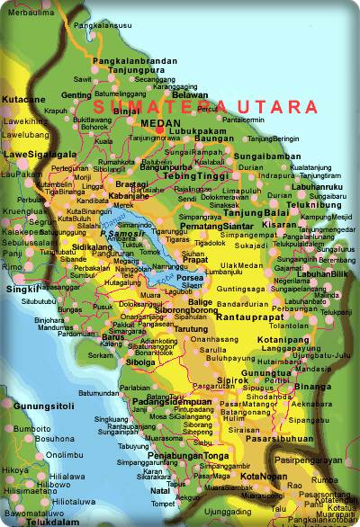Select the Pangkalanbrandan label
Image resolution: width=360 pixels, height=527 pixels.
pyautogui.click(x=134, y=61)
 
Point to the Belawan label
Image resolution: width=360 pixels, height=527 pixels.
pyautogui.click(x=189, y=94)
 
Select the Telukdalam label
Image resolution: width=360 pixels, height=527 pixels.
pyautogui.click(x=33, y=521)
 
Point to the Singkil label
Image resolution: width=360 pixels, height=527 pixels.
pyautogui.click(x=19, y=289)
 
